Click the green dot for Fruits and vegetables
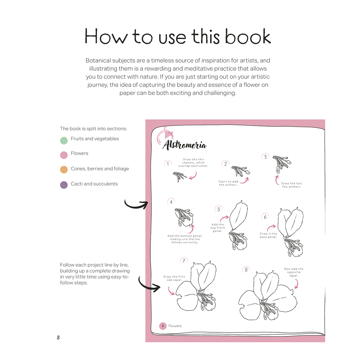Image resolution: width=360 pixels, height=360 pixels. tap(64, 141)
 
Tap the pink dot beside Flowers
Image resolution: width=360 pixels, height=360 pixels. tap(64, 155)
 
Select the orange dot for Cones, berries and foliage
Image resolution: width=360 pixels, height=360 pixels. tap(64, 169)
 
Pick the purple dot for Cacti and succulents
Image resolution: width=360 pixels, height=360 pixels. tap(64, 185)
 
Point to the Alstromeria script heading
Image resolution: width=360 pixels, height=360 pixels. tap(185, 145)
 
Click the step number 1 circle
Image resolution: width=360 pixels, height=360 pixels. tap(168, 164)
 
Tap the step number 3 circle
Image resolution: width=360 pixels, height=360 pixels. tap(265, 157)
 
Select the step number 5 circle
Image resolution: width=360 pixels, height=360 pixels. tap(219, 209)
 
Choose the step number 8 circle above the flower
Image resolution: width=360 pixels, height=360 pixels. tap(246, 270)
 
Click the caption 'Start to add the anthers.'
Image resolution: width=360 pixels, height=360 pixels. tap(228, 183)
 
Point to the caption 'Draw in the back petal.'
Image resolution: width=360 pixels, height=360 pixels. tap(268, 235)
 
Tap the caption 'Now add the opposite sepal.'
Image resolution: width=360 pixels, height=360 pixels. tap(294, 272)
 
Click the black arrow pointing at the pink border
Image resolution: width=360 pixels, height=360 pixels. tap(136, 204)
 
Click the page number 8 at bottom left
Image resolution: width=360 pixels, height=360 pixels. tap(58, 337)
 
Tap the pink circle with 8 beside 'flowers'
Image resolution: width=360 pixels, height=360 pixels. tap(163, 326)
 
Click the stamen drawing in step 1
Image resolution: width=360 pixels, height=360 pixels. tap(180, 177)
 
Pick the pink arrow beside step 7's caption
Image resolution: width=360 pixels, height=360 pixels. tap(171, 291)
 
